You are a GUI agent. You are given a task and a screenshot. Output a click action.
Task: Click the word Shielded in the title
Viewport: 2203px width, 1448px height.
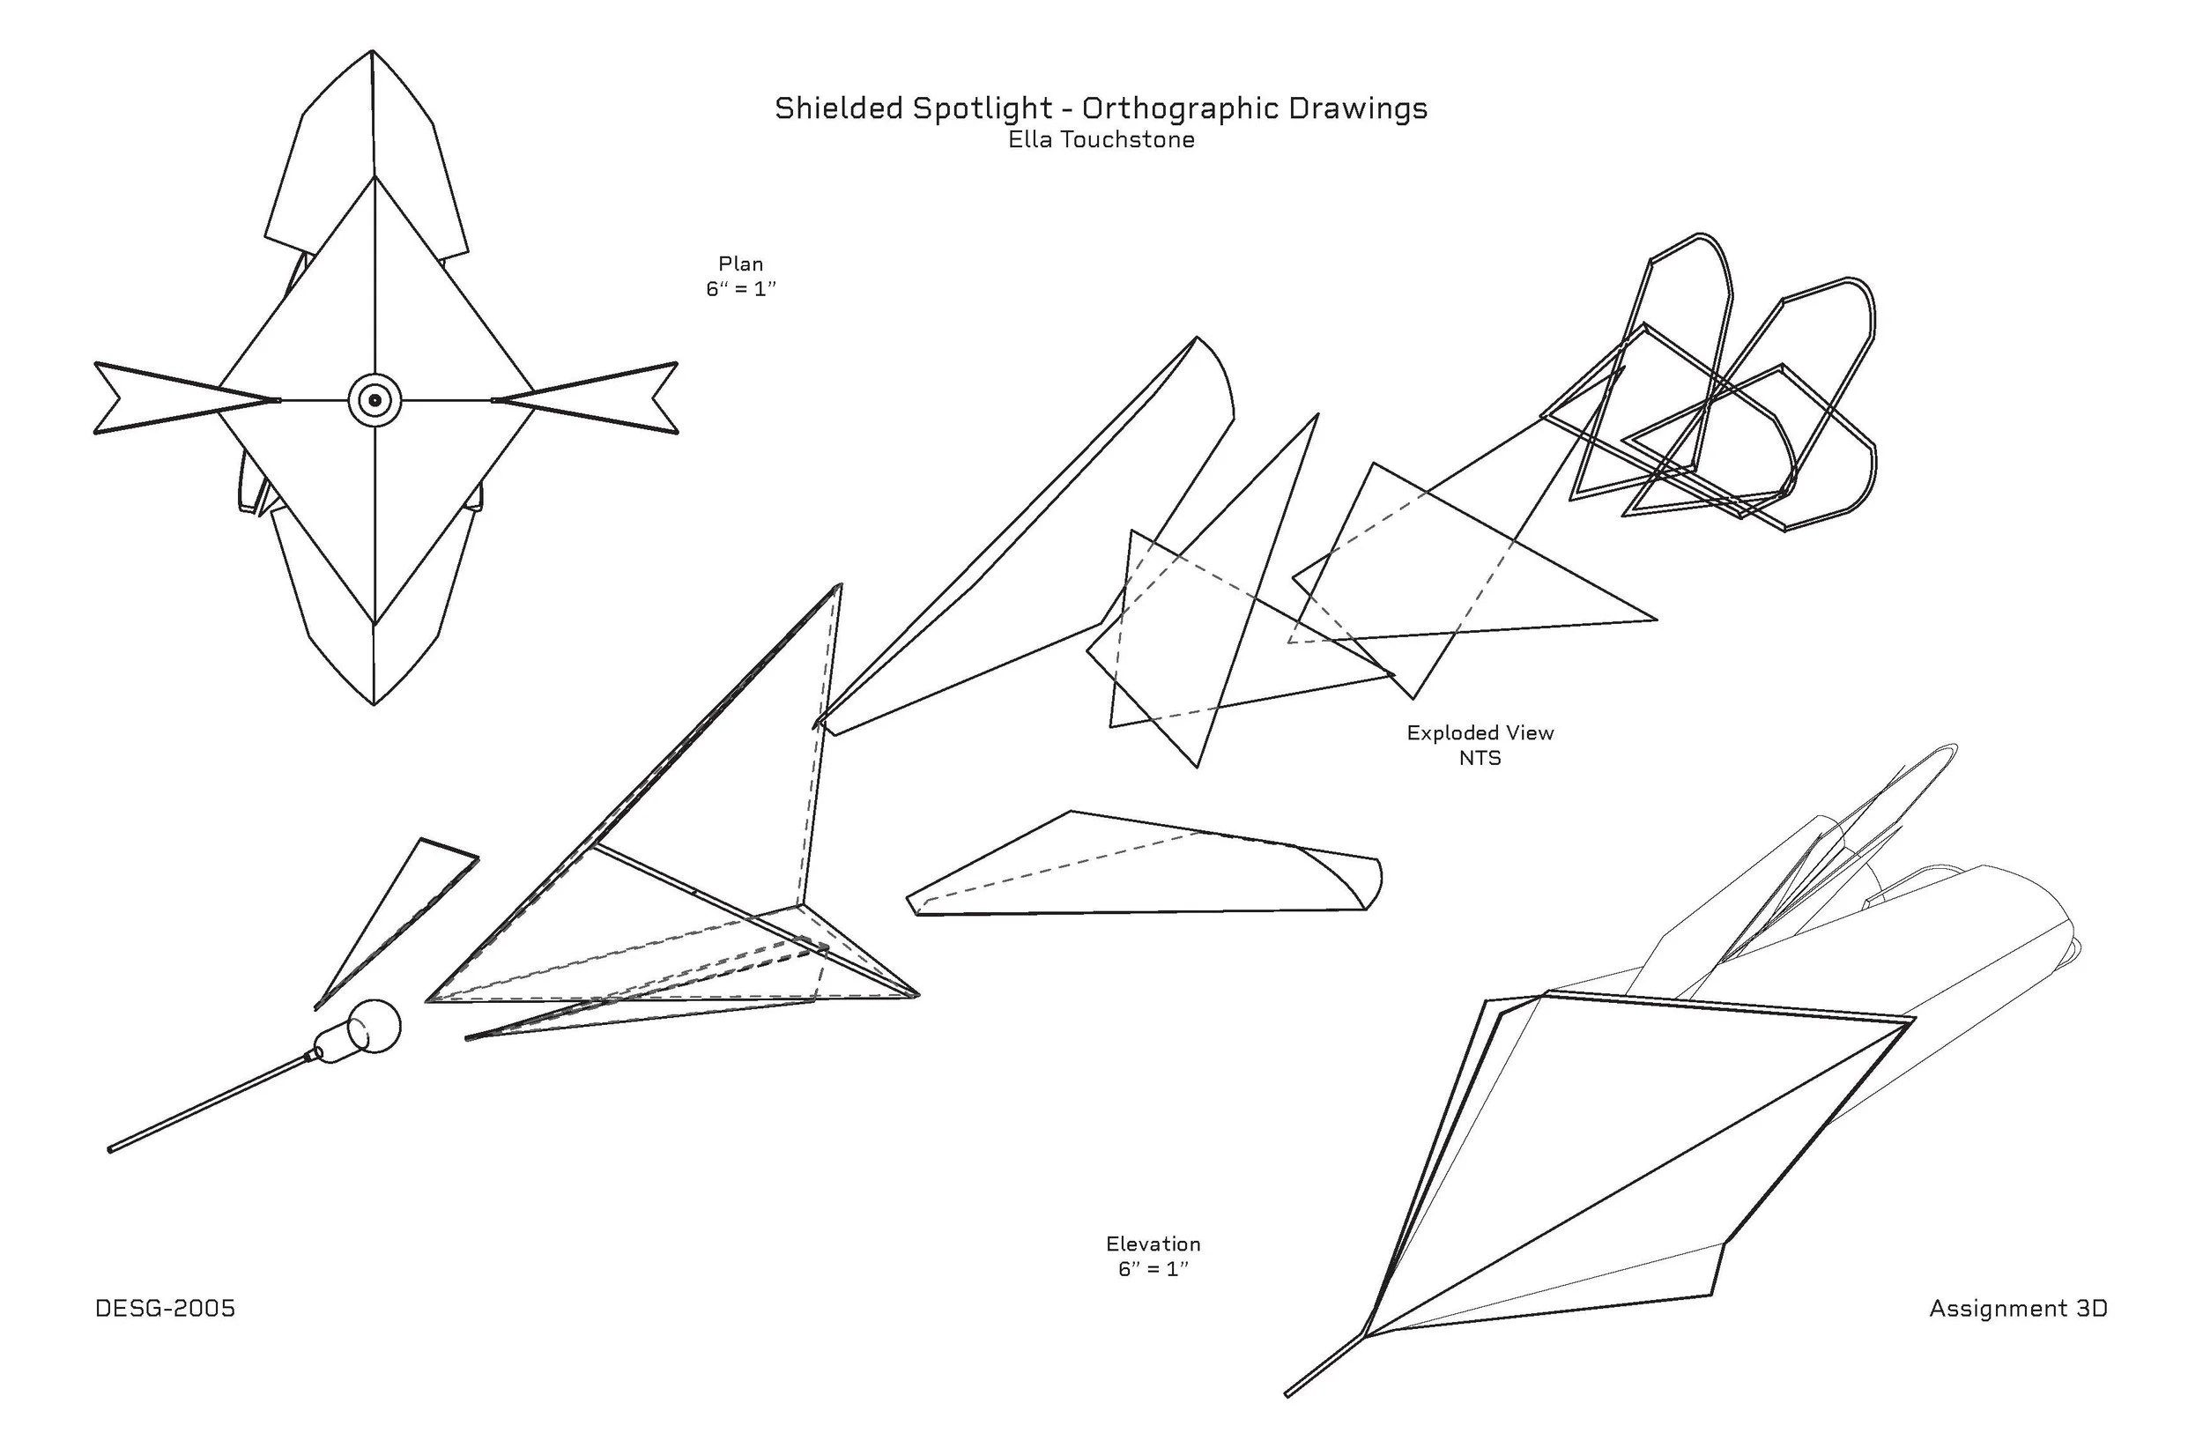(838, 108)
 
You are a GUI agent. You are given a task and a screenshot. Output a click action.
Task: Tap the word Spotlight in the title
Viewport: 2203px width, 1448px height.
(982, 109)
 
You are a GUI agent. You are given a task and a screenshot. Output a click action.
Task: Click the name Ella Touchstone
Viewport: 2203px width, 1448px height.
(1101, 140)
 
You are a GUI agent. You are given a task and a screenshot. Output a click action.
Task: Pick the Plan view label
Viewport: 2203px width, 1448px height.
(740, 264)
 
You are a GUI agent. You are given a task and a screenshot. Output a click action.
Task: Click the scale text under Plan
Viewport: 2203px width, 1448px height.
(740, 289)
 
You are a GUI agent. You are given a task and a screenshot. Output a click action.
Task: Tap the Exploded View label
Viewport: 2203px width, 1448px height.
(1480, 732)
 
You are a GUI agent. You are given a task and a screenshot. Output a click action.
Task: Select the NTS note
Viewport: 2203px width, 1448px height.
(1480, 757)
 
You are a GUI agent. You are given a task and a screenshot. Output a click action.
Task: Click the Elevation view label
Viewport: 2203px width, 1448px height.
(1153, 1244)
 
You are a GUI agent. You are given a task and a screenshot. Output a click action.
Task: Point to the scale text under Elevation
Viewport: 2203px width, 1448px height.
(1153, 1268)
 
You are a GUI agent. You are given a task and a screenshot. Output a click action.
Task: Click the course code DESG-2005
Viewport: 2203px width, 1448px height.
(165, 1308)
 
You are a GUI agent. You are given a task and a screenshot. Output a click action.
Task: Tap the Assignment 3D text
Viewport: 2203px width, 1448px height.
(2018, 1308)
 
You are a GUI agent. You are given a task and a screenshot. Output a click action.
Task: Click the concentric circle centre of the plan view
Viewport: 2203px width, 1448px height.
(375, 401)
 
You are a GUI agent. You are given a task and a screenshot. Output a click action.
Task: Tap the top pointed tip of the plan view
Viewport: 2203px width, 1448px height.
(372, 54)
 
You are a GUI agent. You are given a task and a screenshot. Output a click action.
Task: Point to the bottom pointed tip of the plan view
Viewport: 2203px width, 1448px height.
(374, 702)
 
